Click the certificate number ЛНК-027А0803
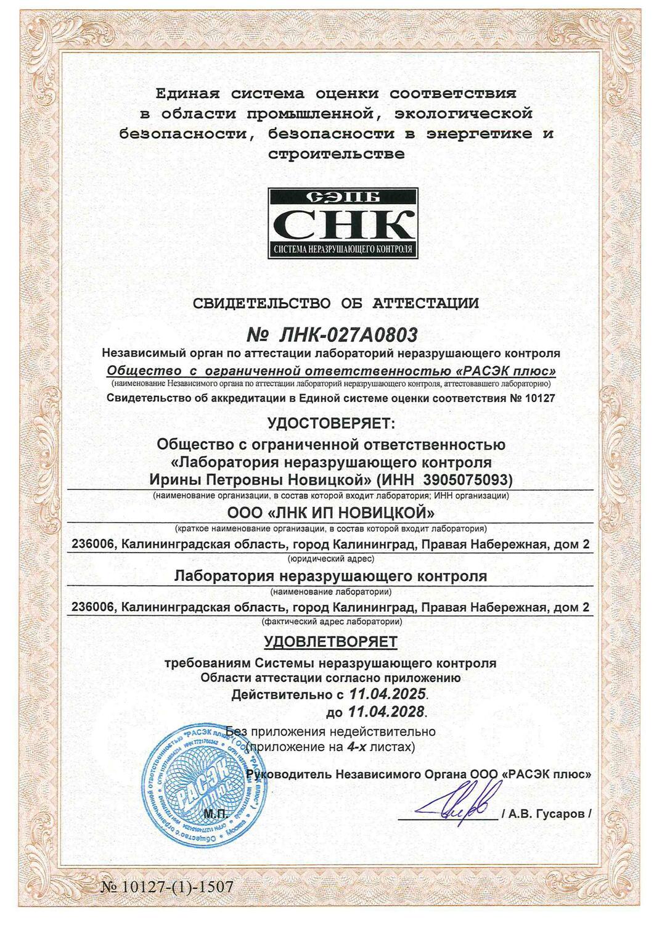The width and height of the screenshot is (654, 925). coord(332,335)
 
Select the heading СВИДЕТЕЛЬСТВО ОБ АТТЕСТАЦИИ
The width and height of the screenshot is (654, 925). coord(336,303)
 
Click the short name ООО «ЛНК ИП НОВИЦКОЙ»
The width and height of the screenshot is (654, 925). coord(330,513)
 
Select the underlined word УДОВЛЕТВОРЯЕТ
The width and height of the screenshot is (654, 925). coord(331,641)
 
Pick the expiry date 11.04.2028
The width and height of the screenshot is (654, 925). coord(386,712)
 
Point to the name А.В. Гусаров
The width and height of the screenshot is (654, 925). coord(547,814)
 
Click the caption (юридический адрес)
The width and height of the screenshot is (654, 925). coord(331,559)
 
